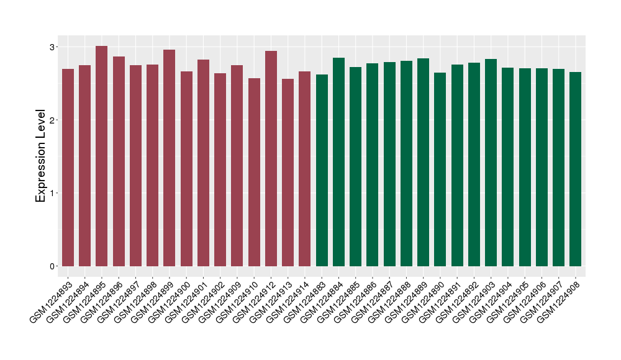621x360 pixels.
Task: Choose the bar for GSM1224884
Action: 338,162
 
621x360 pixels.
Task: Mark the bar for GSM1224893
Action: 68,168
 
